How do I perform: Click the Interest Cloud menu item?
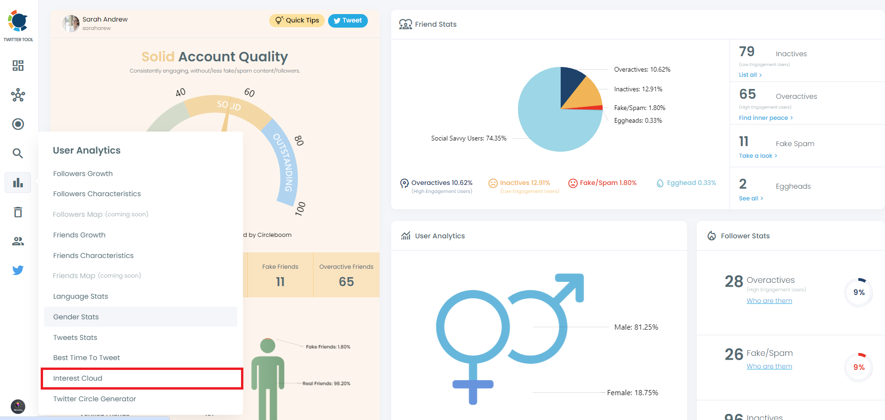point(78,378)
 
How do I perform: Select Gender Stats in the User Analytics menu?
point(76,317)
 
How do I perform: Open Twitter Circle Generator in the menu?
point(95,399)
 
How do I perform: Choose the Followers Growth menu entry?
point(83,174)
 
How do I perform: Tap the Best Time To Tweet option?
point(87,358)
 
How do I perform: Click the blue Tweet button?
point(348,21)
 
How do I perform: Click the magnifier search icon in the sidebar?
point(18,153)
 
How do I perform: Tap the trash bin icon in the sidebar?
point(18,212)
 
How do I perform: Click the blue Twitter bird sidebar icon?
point(18,270)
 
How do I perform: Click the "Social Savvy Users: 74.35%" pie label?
point(468,139)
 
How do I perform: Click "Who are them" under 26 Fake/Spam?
point(769,366)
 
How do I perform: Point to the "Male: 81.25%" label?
point(636,327)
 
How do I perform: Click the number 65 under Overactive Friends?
point(346,282)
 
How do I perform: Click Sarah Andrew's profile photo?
point(71,23)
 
